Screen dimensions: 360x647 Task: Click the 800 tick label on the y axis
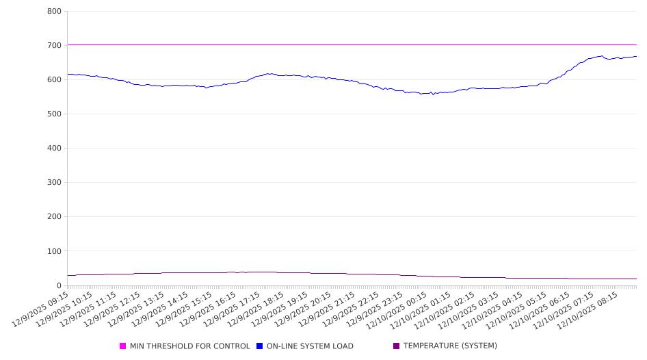tap(54, 12)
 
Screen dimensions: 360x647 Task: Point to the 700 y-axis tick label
tap(54, 46)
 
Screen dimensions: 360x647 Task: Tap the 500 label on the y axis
tap(54, 114)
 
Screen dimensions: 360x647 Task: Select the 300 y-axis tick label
tap(54, 183)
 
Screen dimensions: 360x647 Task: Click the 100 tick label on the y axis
tap(54, 251)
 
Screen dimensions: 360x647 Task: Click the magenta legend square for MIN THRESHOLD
tap(123, 346)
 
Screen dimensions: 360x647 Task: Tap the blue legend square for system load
tap(260, 346)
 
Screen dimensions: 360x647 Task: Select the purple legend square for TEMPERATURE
tap(397, 346)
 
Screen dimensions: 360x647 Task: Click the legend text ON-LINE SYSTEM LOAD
tap(310, 346)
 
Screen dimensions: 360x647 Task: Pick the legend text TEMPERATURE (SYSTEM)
tap(450, 346)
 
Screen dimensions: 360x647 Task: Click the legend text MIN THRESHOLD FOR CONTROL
tap(189, 346)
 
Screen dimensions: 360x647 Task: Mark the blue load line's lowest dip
tap(432, 94)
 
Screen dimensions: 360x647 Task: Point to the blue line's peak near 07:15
tap(601, 56)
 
